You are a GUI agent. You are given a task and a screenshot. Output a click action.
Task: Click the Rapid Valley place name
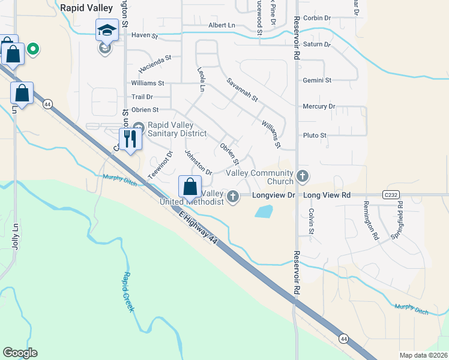click(86, 8)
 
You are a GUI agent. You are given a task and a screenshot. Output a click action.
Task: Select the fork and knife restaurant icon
click(130, 140)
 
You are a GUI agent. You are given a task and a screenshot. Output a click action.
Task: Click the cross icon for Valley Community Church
click(303, 177)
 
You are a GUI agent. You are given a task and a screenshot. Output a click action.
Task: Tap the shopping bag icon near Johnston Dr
click(190, 187)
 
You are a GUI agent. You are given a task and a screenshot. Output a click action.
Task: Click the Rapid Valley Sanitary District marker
click(139, 127)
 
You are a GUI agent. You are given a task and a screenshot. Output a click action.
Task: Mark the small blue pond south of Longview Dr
click(264, 211)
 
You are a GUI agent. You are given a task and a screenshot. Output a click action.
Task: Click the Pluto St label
click(315, 136)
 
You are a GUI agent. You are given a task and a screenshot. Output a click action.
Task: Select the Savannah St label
click(241, 89)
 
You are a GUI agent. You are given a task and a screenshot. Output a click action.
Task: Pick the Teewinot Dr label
click(160, 165)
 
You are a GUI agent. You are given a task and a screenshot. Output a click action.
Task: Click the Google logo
click(20, 353)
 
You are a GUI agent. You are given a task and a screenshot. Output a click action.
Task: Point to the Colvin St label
click(312, 221)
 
